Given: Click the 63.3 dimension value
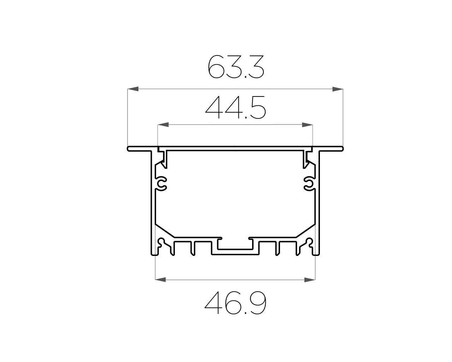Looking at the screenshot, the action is point(236,67).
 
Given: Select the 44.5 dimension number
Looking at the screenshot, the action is point(236,107).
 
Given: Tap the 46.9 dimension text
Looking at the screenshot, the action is point(236,303).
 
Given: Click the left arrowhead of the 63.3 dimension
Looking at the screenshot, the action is point(133,89).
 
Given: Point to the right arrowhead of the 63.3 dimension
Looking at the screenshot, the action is point(338,89).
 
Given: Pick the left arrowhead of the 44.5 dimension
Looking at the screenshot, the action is point(163,124).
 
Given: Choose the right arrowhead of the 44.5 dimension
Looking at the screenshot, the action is point(307,124).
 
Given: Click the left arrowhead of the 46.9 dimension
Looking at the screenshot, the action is point(160,280).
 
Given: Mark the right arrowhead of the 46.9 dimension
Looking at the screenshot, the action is point(310,280).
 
